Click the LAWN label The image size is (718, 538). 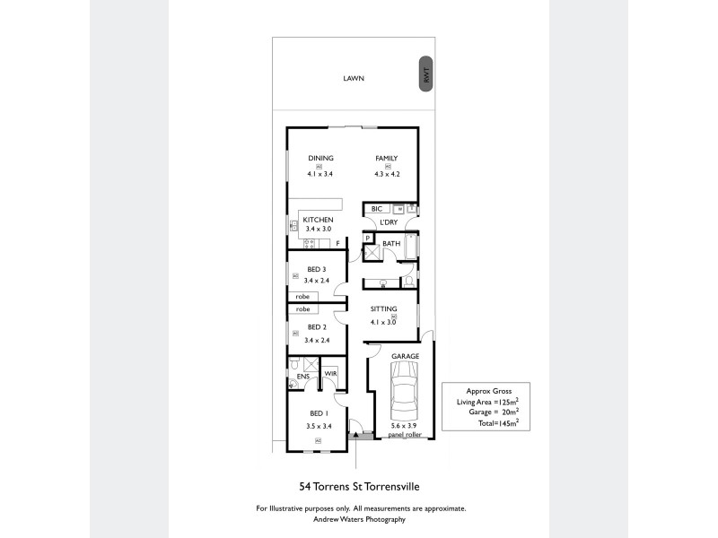[x=354, y=79]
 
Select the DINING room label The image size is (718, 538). [x=320, y=158]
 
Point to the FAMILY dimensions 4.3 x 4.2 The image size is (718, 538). [x=387, y=174]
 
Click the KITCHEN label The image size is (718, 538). [x=318, y=220]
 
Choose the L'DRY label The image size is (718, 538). [x=389, y=222]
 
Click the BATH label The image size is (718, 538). [x=391, y=243]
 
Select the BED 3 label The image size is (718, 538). [x=317, y=270]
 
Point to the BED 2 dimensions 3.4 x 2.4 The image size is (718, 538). [x=318, y=340]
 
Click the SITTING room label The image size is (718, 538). [x=385, y=309]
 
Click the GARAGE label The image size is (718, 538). [x=405, y=356]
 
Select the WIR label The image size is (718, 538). [x=329, y=373]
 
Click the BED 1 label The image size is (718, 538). [x=317, y=413]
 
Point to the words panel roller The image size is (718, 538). [x=405, y=434]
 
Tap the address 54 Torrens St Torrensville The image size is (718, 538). [x=359, y=487]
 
